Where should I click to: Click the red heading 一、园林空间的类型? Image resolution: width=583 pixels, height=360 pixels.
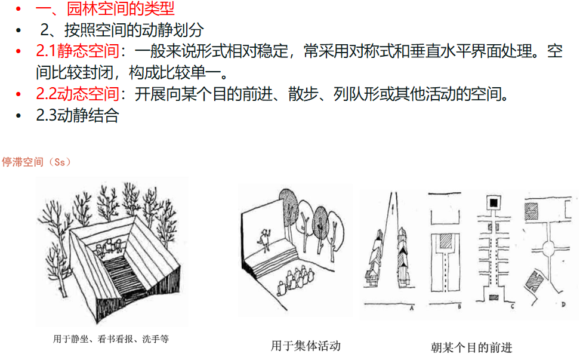tap(105, 8)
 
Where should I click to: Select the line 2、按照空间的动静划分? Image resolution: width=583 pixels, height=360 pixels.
tap(122, 30)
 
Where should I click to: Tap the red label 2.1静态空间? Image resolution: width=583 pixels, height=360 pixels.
tap(78, 51)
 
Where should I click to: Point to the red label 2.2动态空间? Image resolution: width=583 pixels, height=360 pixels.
tap(78, 94)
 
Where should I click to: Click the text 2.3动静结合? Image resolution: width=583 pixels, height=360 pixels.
tap(78, 115)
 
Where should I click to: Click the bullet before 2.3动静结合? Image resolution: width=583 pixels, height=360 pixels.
tap(18, 116)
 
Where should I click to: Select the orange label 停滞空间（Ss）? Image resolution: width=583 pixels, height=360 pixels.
tap(36, 162)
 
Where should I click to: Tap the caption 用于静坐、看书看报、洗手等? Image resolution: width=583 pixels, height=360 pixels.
tap(111, 339)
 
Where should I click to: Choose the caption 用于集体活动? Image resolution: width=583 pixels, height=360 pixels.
tap(306, 346)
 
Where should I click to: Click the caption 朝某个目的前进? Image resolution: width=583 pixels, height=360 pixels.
tap(471, 347)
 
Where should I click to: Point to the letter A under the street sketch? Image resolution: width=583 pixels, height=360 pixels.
tap(412, 308)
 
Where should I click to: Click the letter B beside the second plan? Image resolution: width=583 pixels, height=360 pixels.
tap(459, 307)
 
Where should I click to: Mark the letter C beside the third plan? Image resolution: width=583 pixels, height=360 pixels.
tap(513, 306)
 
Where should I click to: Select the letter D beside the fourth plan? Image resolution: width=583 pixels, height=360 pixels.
tap(563, 304)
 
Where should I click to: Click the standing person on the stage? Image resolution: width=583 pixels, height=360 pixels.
tap(265, 241)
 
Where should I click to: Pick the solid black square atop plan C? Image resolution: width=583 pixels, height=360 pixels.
tap(493, 202)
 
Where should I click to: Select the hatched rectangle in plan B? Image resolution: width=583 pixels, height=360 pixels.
tap(445, 242)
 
